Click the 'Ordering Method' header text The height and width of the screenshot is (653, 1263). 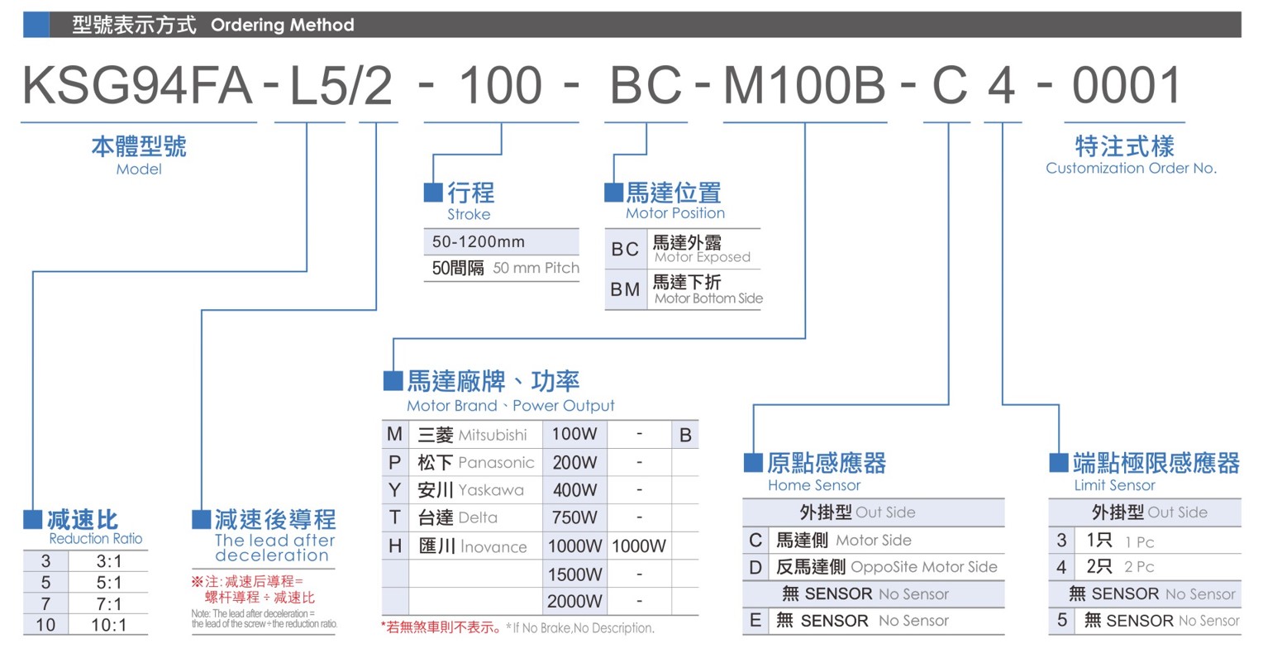point(283,25)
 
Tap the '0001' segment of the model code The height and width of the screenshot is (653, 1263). point(1126,85)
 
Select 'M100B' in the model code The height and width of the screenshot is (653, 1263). point(804,85)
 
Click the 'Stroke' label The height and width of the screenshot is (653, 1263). point(469,214)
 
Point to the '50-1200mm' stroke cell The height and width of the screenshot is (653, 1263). point(478,242)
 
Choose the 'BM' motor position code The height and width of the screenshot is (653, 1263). point(625,289)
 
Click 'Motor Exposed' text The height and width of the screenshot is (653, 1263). point(703,257)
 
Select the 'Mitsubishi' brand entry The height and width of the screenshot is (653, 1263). point(493,435)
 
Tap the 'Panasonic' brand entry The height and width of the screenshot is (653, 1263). point(496,462)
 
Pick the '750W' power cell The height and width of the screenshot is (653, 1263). point(574,517)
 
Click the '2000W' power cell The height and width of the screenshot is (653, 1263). point(574,601)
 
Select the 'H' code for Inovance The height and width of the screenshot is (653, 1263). point(395,546)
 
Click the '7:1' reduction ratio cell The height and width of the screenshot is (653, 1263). point(109,604)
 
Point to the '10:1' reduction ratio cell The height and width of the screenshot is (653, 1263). point(109,625)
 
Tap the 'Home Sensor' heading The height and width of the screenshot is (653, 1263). point(814,485)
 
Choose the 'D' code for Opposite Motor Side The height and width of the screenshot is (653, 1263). point(755,567)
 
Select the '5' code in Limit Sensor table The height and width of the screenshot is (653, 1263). point(1062,620)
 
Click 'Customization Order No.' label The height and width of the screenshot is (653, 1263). point(1131,168)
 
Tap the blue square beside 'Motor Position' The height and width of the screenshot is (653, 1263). point(614,193)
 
